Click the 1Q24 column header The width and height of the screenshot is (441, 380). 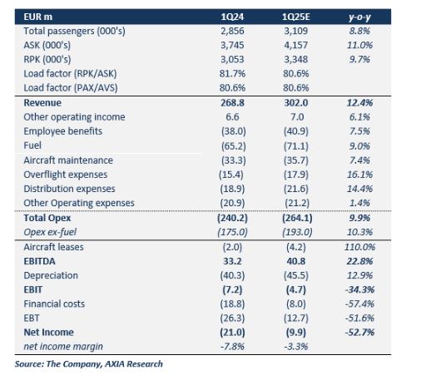(232, 17)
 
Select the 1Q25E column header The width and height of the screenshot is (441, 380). (296, 17)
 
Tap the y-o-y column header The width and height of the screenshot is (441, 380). (359, 17)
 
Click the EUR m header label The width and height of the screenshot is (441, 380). (38, 17)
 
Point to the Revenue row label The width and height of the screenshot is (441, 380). (42, 103)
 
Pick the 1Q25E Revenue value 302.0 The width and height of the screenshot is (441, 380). (296, 103)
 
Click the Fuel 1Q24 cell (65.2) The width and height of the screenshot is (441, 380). (234, 146)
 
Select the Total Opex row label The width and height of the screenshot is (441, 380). (47, 218)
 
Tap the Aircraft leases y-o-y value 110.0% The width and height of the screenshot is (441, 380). (359, 247)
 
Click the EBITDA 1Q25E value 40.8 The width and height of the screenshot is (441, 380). (296, 261)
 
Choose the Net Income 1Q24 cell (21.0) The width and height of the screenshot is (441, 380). (232, 333)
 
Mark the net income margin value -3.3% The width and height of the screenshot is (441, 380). (296, 347)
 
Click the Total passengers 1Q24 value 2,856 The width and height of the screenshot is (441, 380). (232, 31)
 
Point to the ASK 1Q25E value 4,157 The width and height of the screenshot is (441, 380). (296, 45)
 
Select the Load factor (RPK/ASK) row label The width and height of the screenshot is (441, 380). (70, 74)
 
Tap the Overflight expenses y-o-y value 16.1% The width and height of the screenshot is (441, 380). (359, 175)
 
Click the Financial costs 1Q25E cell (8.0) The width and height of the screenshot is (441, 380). (296, 304)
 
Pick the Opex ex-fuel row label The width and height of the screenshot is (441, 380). (50, 232)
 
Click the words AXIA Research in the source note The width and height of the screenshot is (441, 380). (134, 364)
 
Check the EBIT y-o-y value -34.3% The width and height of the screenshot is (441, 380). (359, 289)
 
